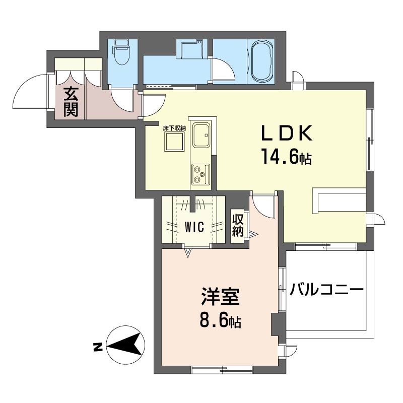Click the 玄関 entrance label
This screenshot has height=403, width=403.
click(x=71, y=102)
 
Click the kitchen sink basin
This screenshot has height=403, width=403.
click(x=201, y=135)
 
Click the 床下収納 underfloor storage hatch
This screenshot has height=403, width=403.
click(x=174, y=142)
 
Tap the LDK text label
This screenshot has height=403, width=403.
click(x=287, y=133)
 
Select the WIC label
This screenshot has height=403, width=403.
click(x=194, y=227)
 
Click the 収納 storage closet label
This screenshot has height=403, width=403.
click(x=238, y=225)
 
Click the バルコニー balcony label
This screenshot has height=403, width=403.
click(x=326, y=290)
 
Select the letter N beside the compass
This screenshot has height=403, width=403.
click(x=97, y=347)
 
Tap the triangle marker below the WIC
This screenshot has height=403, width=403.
click(x=188, y=253)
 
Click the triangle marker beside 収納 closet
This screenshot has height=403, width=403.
click(x=253, y=234)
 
